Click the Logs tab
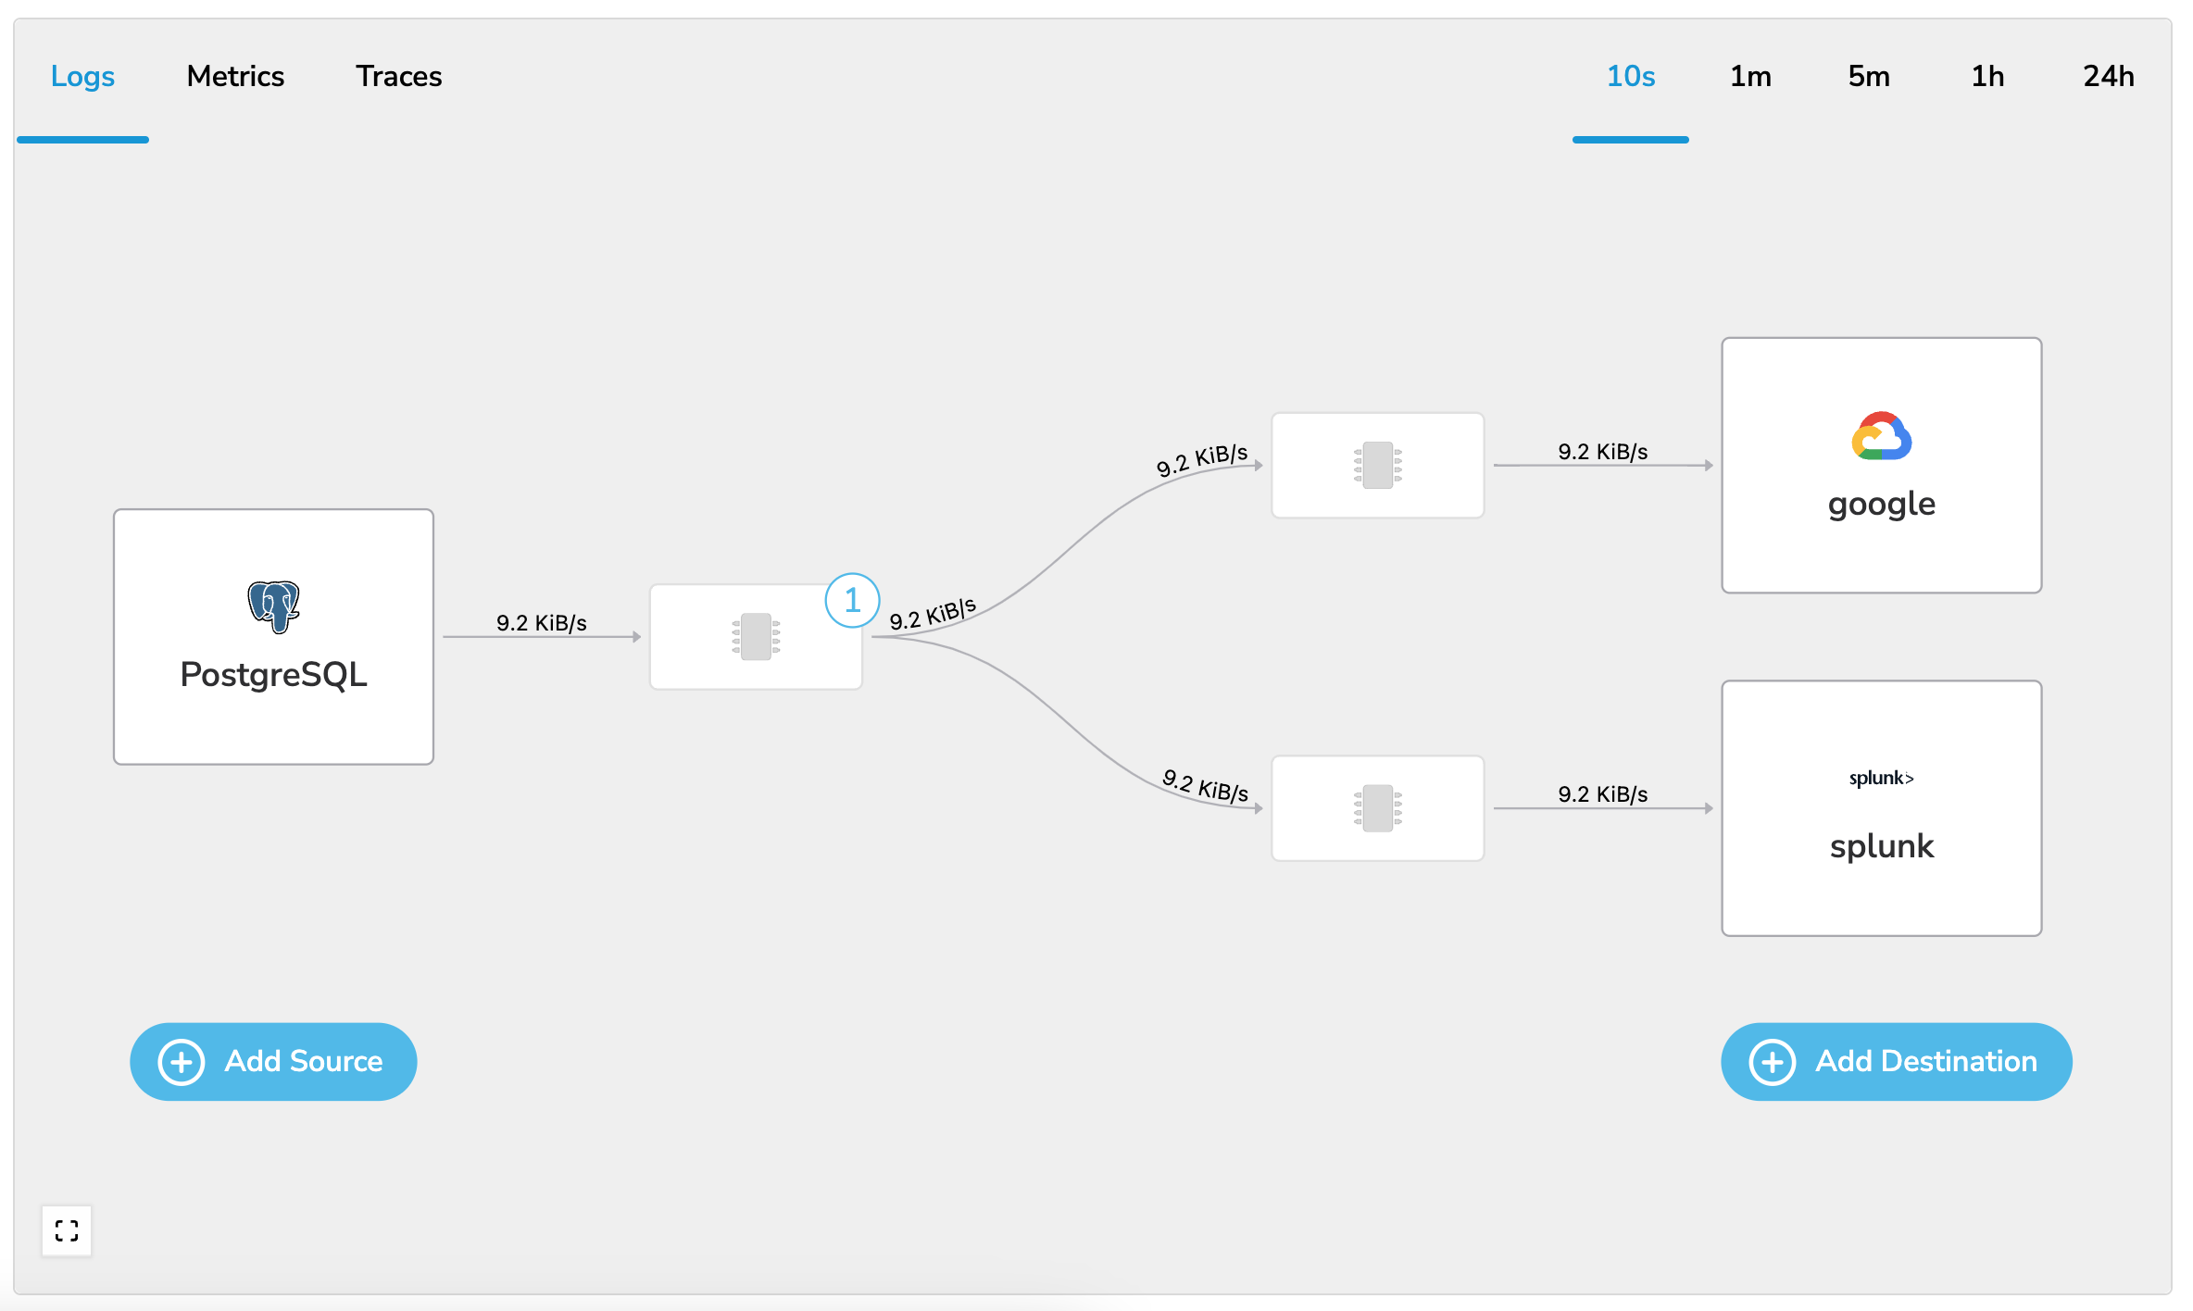[82, 76]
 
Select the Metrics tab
[235, 76]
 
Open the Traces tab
[399, 76]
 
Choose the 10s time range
[1631, 76]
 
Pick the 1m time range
[1750, 76]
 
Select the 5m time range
[1869, 76]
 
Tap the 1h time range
[1987, 76]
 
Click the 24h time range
[2109, 76]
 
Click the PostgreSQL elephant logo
[274, 606]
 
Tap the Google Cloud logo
[1882, 436]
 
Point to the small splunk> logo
[1882, 778]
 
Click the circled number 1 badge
[852, 600]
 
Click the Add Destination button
[1896, 1061]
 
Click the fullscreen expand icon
[67, 1230]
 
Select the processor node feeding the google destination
[1378, 465]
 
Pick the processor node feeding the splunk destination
[1378, 808]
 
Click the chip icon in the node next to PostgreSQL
[757, 637]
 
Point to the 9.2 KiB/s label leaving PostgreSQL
[542, 623]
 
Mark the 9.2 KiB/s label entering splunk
[1603, 794]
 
